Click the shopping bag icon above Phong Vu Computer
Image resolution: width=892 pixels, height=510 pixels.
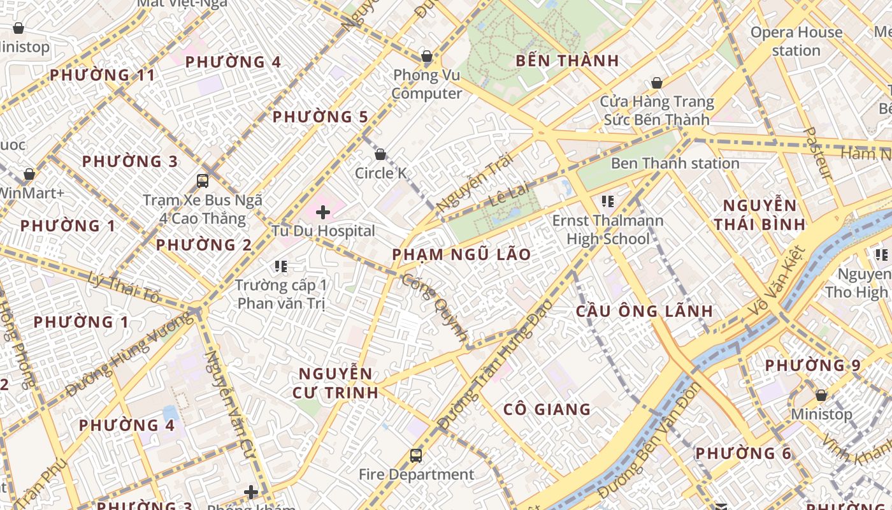coord(427,56)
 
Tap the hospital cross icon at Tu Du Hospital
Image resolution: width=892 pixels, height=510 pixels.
coord(323,212)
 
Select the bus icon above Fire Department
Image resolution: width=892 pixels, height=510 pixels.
coord(416,455)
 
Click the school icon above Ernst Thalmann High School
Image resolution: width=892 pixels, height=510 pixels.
coord(607,201)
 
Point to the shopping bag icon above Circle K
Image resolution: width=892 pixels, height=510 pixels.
coord(380,154)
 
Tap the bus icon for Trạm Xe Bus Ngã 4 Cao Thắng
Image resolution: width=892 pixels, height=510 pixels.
coord(203,180)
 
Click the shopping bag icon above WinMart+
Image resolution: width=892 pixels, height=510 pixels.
coord(29,174)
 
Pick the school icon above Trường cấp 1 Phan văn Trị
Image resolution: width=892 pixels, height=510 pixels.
coord(281,266)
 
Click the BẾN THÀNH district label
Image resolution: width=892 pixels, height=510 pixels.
coord(567,61)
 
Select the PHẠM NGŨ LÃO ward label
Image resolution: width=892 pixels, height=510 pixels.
coord(461,254)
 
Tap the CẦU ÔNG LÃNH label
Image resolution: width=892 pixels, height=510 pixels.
coord(644,311)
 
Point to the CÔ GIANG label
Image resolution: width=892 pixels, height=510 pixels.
coord(547,409)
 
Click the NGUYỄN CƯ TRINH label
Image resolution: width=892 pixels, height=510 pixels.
coord(336,382)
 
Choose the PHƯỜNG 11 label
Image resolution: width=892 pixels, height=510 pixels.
coord(103,75)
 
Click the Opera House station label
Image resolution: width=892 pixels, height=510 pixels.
coord(796,41)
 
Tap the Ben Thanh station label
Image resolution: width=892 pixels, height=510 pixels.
coord(675,163)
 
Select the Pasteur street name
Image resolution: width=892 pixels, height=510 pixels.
coord(817,153)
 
